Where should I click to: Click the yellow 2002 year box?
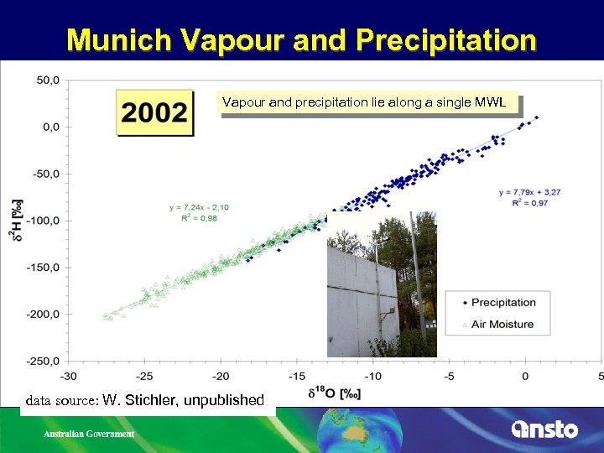(x=154, y=112)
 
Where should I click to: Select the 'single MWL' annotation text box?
(x=364, y=103)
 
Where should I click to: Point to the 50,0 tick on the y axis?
(x=47, y=81)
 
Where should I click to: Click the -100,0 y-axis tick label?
(x=44, y=221)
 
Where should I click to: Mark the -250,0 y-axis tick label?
(x=44, y=362)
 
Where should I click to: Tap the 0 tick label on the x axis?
(x=524, y=376)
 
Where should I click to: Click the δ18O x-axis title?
(x=335, y=393)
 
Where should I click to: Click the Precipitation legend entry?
(x=502, y=302)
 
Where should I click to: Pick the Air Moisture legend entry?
(x=502, y=325)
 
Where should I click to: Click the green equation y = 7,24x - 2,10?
(x=199, y=207)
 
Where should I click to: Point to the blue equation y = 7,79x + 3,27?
(x=530, y=192)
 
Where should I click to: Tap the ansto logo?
(x=545, y=430)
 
